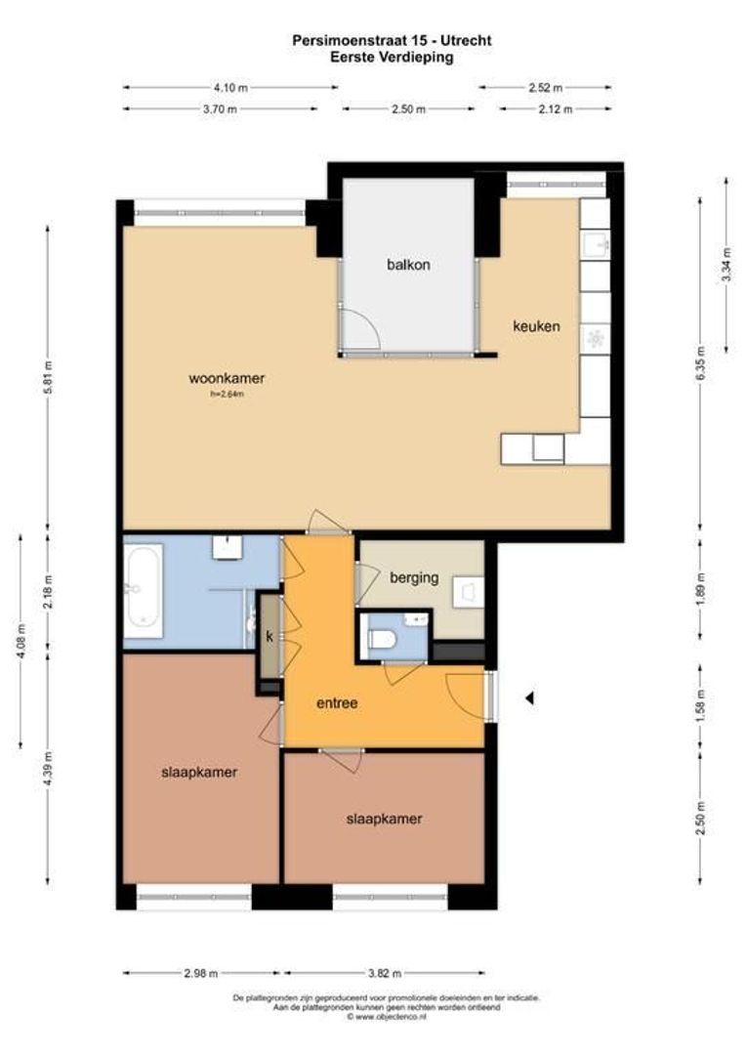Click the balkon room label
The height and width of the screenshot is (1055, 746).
pyautogui.click(x=407, y=265)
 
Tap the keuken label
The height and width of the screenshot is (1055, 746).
pyautogui.click(x=536, y=326)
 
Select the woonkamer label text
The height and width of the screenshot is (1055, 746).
pyautogui.click(x=228, y=379)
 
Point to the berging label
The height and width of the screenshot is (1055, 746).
pyautogui.click(x=414, y=577)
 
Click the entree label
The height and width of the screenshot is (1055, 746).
pyautogui.click(x=336, y=702)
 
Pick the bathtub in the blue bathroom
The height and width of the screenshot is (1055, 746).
pyautogui.click(x=143, y=589)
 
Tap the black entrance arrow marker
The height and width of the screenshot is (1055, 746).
pyautogui.click(x=530, y=697)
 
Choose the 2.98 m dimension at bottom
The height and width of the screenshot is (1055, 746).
pyautogui.click(x=200, y=973)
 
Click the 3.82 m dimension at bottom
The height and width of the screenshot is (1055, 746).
pyautogui.click(x=383, y=973)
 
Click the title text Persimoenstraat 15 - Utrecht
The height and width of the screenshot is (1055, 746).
pyautogui.click(x=392, y=40)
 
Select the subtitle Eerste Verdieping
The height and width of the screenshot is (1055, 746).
pyautogui.click(x=392, y=57)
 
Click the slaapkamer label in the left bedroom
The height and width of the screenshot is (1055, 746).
pyautogui.click(x=199, y=772)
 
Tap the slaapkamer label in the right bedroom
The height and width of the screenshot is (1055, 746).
pyautogui.click(x=385, y=819)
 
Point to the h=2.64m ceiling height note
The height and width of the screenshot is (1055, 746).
pyautogui.click(x=227, y=395)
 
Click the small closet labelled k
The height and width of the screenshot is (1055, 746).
pyautogui.click(x=269, y=636)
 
